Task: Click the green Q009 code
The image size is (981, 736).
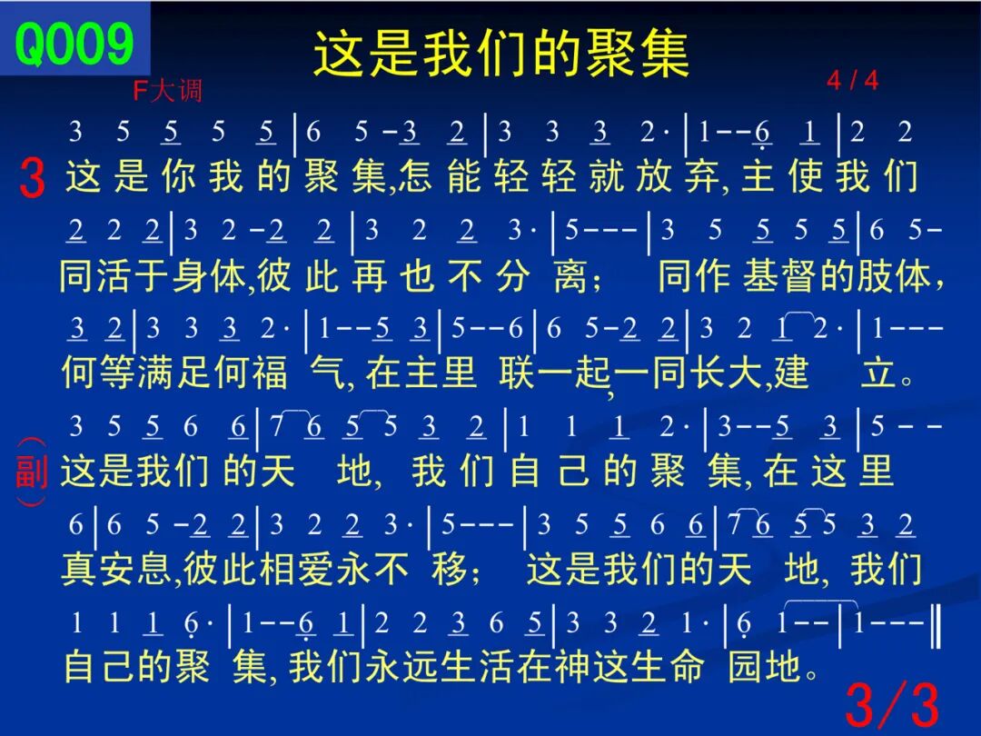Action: pyautogui.click(x=74, y=44)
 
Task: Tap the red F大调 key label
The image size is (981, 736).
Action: pyautogui.click(x=168, y=92)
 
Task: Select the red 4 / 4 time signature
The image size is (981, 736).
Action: pyautogui.click(x=852, y=80)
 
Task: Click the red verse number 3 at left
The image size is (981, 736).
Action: pyautogui.click(x=32, y=178)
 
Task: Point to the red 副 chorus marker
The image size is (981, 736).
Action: pyautogui.click(x=31, y=472)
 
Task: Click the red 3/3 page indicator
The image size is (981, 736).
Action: pyautogui.click(x=892, y=705)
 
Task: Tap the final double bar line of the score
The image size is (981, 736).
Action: pyautogui.click(x=936, y=622)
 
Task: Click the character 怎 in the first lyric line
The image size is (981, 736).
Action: pyautogui.click(x=416, y=176)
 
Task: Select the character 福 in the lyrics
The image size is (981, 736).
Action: pyautogui.click(x=271, y=373)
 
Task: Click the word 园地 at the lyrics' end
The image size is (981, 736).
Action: pyautogui.click(x=765, y=666)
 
